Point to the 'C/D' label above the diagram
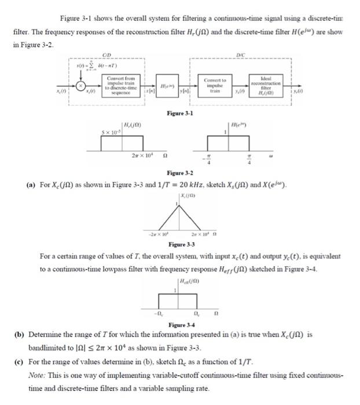coord(106,56)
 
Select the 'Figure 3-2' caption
coord(179,173)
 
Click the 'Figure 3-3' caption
coord(181,245)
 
